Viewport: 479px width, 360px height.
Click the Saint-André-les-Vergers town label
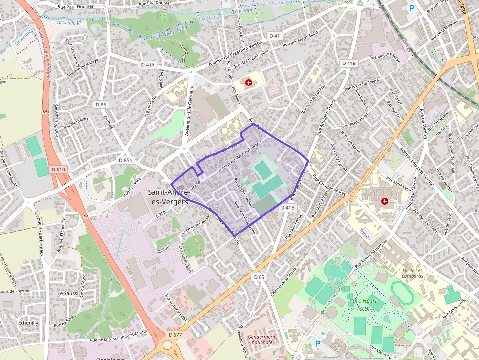tap(168, 197)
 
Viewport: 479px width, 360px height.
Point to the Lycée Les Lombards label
tap(413, 273)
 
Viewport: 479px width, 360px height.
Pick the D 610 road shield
tap(58, 169)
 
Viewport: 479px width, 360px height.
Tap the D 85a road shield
tap(126, 160)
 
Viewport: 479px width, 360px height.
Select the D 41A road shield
tap(147, 64)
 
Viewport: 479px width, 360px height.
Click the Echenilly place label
tap(27, 323)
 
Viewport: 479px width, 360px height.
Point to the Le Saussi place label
tap(67, 293)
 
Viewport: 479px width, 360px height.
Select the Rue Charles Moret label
tap(328, 186)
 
